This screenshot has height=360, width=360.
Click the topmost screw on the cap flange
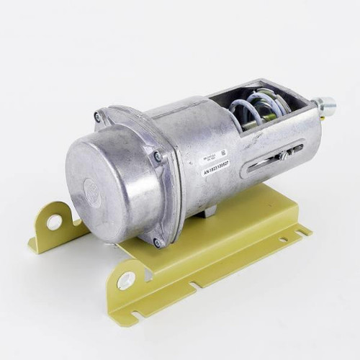click(x=98, y=117)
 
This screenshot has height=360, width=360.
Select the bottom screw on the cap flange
click(x=157, y=242)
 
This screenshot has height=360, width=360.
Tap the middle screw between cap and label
click(x=158, y=156)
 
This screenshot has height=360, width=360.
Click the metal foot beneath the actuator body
click(x=207, y=212)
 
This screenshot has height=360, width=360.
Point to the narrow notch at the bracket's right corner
click(x=305, y=232)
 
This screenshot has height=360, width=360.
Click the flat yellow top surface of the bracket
click(x=238, y=216)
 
